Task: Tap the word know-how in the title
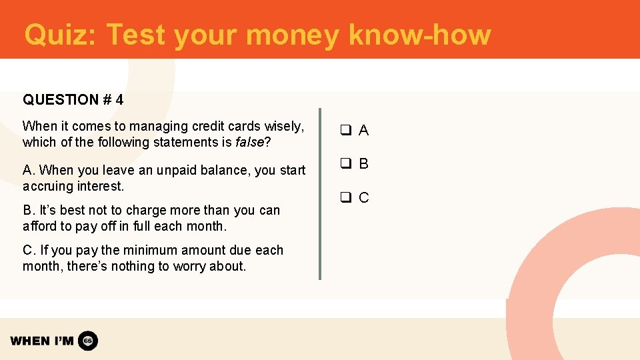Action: click(x=419, y=35)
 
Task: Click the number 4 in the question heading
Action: click(x=119, y=100)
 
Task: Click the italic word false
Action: click(x=249, y=142)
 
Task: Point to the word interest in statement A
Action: click(x=100, y=186)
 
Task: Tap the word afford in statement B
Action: click(x=39, y=226)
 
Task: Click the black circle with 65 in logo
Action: click(x=88, y=341)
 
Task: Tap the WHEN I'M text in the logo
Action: click(x=42, y=341)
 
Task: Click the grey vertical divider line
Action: click(x=320, y=193)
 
